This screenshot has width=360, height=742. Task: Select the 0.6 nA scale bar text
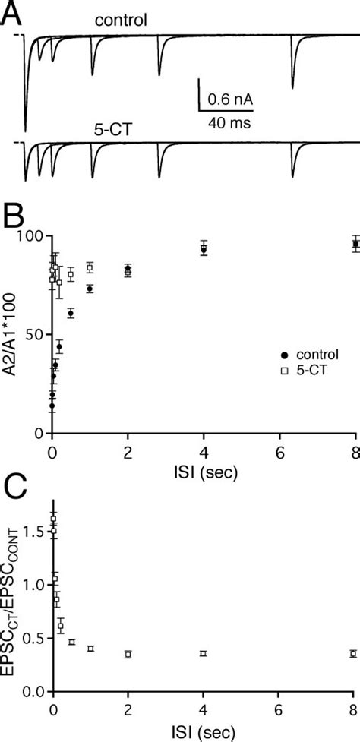229,99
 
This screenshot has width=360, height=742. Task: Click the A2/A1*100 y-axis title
13,335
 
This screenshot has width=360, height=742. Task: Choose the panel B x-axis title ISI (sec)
203,472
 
